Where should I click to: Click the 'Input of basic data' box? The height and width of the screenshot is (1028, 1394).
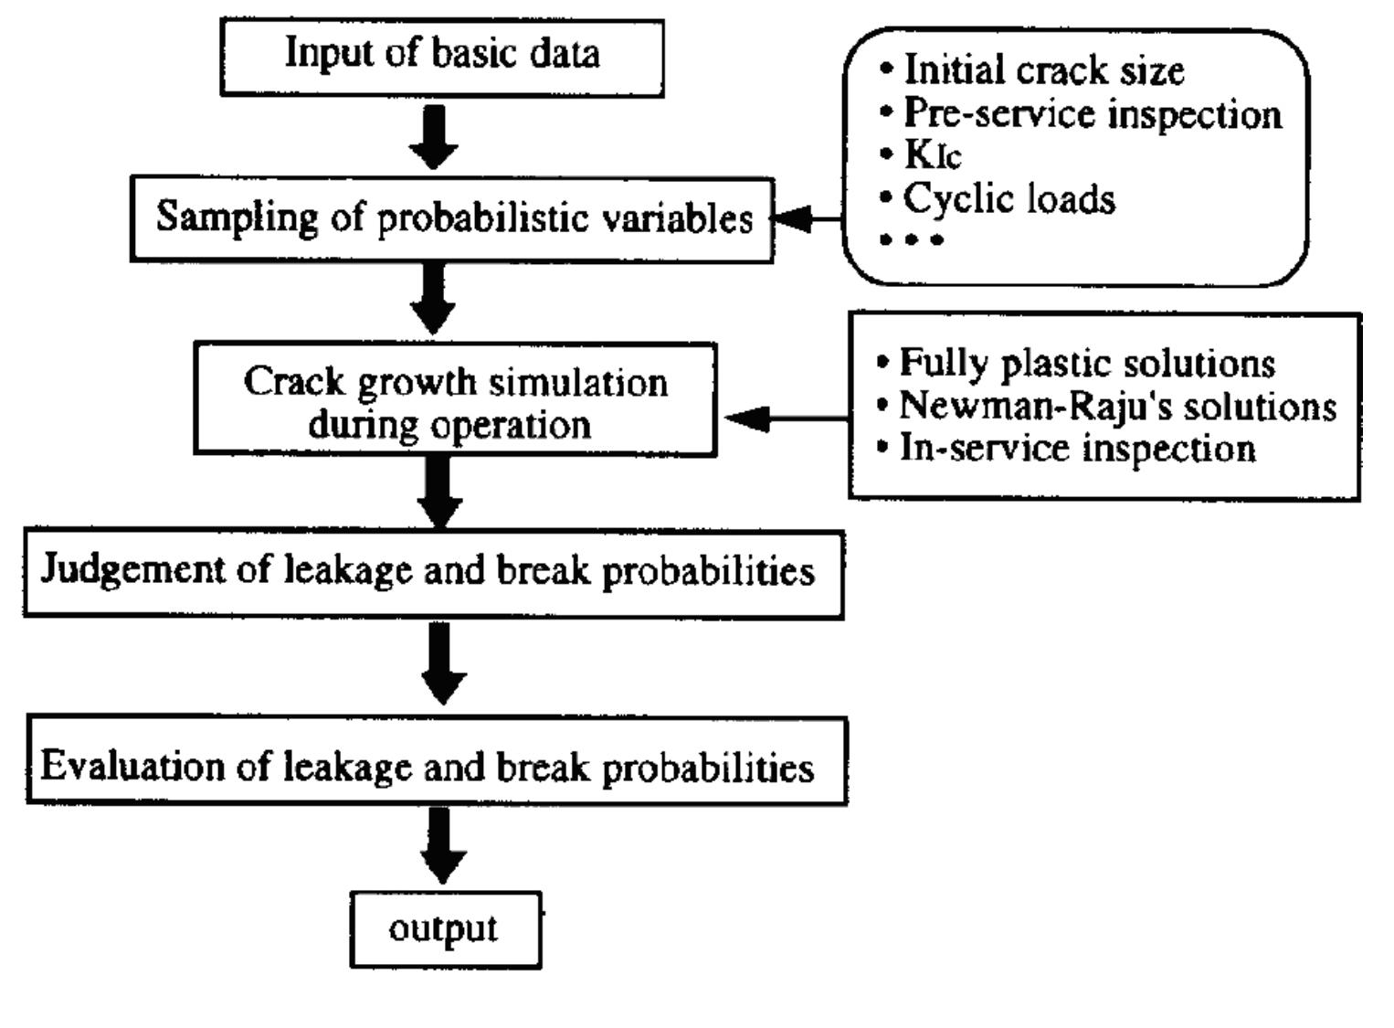coord(442,57)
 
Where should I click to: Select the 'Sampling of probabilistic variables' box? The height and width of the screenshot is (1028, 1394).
coord(453,219)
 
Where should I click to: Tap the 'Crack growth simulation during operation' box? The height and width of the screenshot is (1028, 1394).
coord(455,400)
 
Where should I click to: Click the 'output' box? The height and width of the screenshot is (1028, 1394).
coord(445,929)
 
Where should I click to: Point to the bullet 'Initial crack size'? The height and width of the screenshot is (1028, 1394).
coord(1043,70)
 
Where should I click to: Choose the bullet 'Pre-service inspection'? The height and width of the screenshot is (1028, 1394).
coord(1093,113)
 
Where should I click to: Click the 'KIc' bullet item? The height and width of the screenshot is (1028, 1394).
coord(932,154)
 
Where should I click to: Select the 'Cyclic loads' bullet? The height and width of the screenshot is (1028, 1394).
coord(1009,198)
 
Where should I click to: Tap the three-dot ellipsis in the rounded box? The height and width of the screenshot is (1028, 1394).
coord(911,240)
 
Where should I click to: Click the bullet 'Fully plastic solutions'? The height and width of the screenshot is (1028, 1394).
coord(1087,363)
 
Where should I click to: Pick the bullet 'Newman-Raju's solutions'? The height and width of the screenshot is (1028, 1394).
coord(1117,406)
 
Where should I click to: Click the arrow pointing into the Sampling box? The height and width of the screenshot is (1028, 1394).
coord(806,219)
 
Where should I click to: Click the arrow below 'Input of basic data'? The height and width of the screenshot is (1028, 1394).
coord(434,137)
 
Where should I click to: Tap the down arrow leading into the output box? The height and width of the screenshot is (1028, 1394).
coord(442,846)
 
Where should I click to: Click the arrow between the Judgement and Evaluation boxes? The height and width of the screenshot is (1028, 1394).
coord(442,663)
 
